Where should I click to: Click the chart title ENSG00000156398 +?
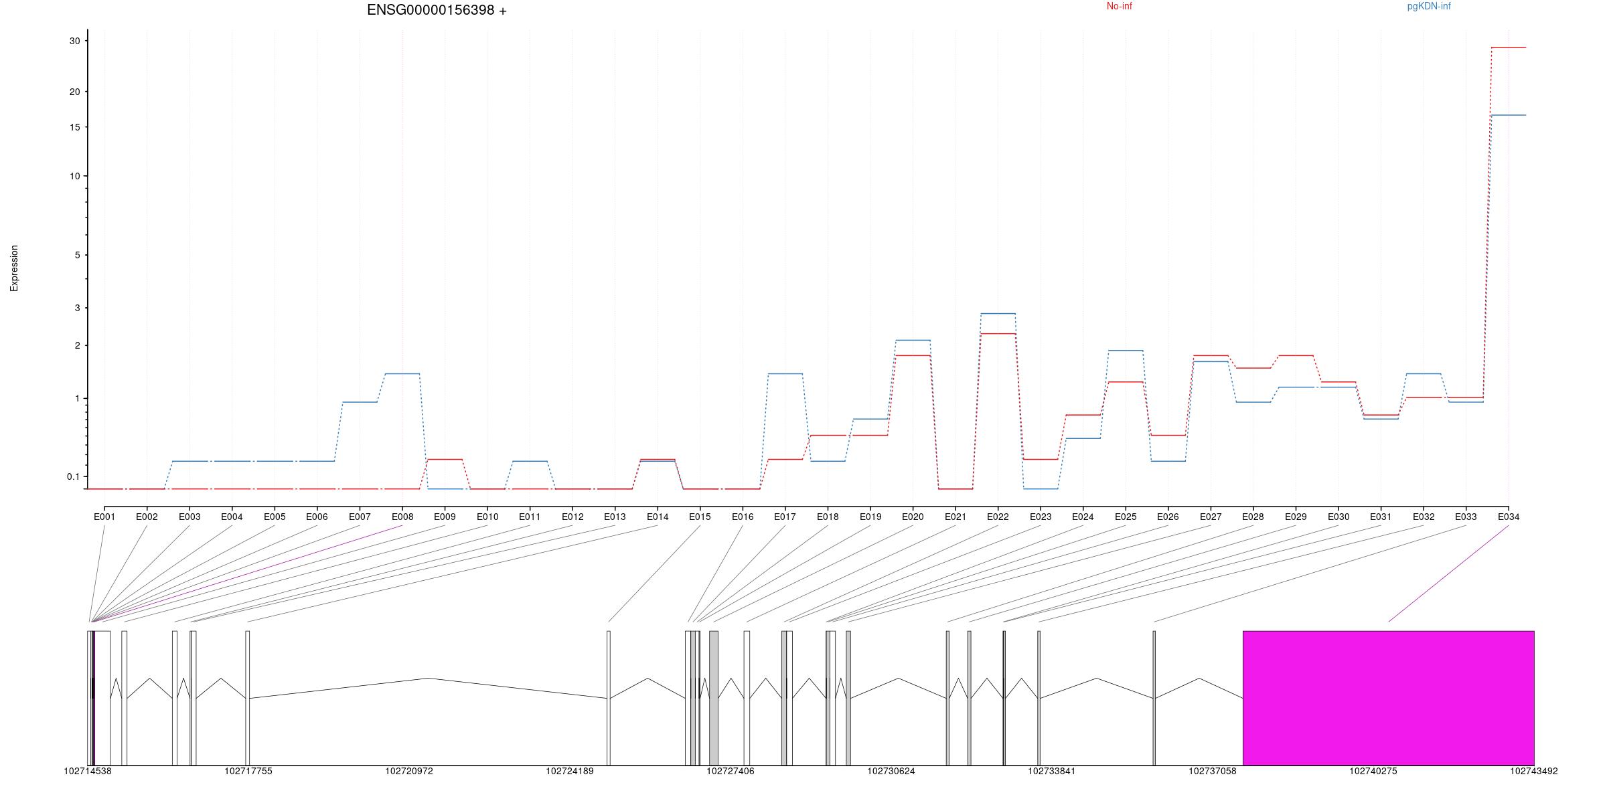[x=437, y=11]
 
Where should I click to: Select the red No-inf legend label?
[x=1119, y=7]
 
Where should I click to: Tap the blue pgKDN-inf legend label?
[x=1428, y=7]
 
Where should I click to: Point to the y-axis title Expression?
[x=14, y=268]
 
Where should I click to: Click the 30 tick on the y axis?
[x=74, y=41]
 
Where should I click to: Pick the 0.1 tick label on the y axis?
[x=73, y=477]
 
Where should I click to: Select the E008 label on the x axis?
[x=402, y=517]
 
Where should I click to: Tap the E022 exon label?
[x=998, y=517]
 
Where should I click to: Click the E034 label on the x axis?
[x=1508, y=517]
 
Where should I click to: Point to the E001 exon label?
[x=104, y=517]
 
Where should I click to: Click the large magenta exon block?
[x=1388, y=697]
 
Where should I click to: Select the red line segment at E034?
[x=1509, y=48]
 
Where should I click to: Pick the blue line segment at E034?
[x=1509, y=115]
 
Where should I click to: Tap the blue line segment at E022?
[x=998, y=313]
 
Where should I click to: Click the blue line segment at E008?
[x=402, y=373]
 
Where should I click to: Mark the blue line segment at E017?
[x=785, y=373]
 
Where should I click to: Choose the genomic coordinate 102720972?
[x=408, y=772]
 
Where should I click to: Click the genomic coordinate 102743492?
[x=1533, y=772]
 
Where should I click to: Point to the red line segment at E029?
[x=1296, y=355]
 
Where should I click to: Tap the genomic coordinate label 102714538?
[x=88, y=772]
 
